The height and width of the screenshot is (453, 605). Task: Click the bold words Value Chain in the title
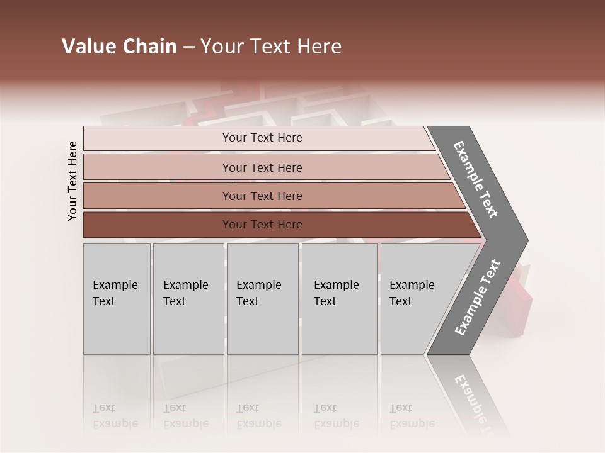tap(119, 47)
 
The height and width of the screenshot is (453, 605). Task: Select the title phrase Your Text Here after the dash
tap(271, 47)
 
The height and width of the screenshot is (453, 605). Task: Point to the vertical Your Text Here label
tap(72, 181)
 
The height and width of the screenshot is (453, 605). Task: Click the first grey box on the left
tap(117, 299)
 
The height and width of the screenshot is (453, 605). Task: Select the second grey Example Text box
tap(188, 299)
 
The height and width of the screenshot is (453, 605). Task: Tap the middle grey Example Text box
tap(262, 299)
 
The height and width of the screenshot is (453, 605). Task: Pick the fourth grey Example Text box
tap(339, 299)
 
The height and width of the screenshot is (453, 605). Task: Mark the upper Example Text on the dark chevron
tap(476, 179)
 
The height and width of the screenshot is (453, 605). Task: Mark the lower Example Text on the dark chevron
tap(478, 298)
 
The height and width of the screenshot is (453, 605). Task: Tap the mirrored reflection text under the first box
tap(115, 417)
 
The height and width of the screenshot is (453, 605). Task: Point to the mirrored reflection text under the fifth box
tap(412, 417)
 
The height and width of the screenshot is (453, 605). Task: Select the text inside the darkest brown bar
tap(262, 225)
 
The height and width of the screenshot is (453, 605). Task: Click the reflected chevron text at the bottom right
tap(474, 400)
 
